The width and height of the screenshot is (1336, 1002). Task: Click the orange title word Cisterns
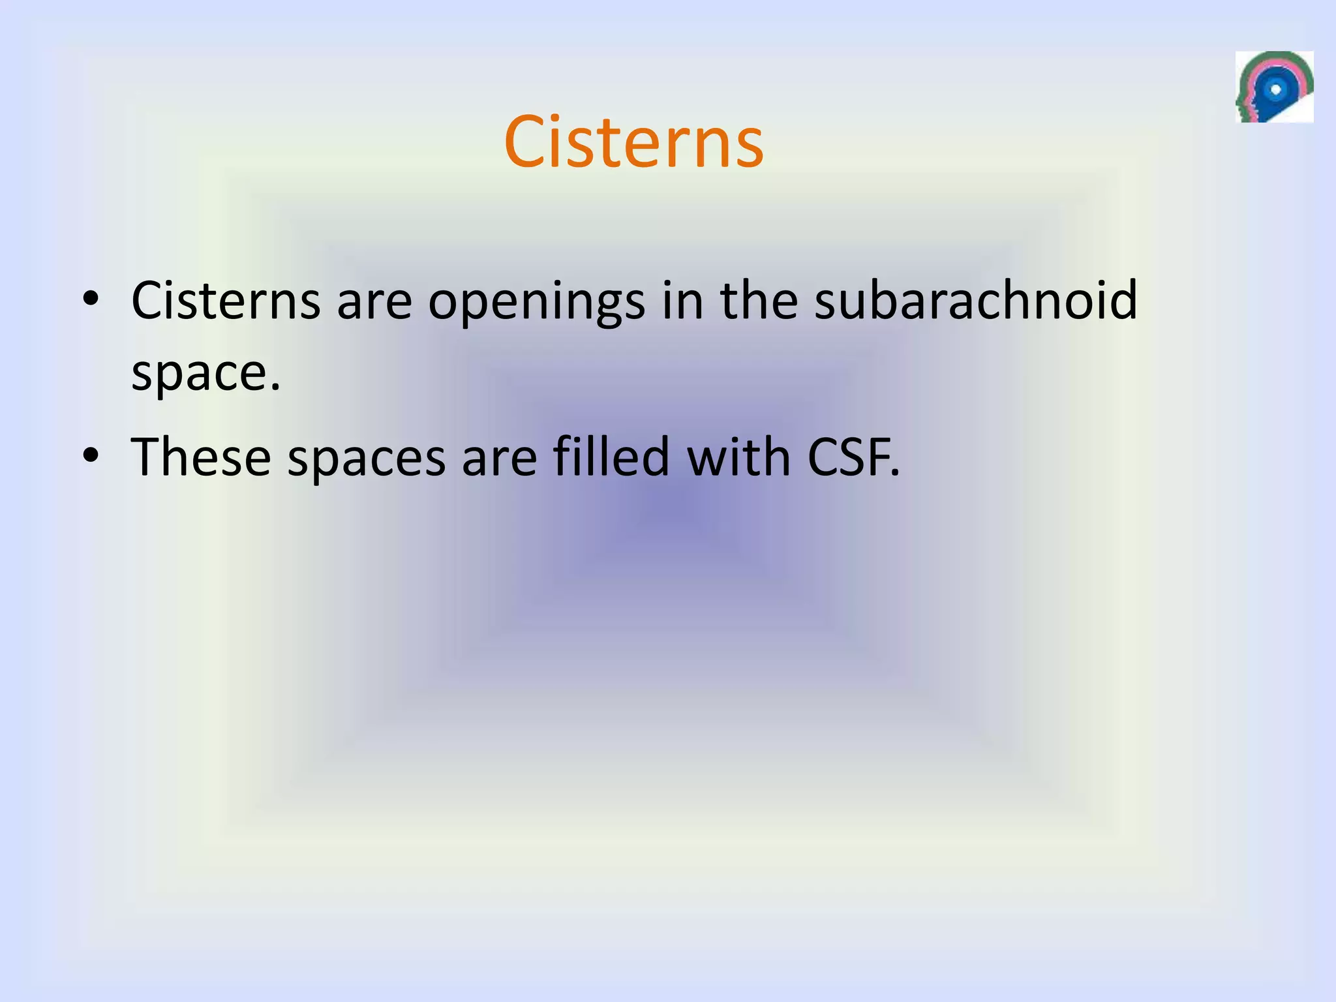pyautogui.click(x=633, y=142)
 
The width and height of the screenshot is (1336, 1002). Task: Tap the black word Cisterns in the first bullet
pyautogui.click(x=226, y=301)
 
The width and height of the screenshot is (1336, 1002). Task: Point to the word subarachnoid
pyautogui.click(x=976, y=300)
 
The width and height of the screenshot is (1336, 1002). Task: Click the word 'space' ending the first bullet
pyautogui.click(x=198, y=374)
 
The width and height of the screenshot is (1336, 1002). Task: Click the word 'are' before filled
pyautogui.click(x=499, y=458)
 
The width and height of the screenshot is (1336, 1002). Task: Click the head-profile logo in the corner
pyautogui.click(x=1274, y=87)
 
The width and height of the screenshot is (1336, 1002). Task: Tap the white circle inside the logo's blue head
pyautogui.click(x=1277, y=89)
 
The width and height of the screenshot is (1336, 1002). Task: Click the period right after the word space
pyautogui.click(x=275, y=389)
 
